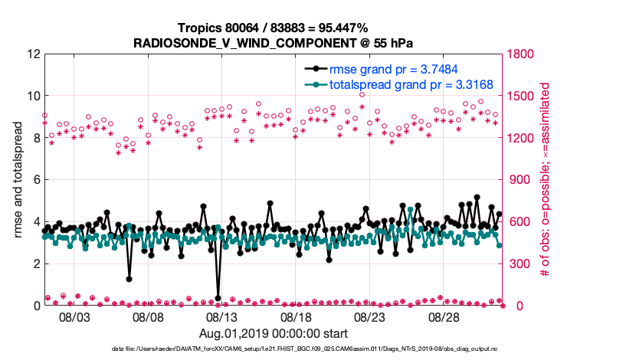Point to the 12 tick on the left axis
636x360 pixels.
tap(32, 54)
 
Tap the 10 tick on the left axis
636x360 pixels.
tap(32, 97)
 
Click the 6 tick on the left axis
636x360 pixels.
tap(35, 180)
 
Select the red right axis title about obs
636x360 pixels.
tap(546, 180)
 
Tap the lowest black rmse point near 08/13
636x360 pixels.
tap(218, 298)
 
